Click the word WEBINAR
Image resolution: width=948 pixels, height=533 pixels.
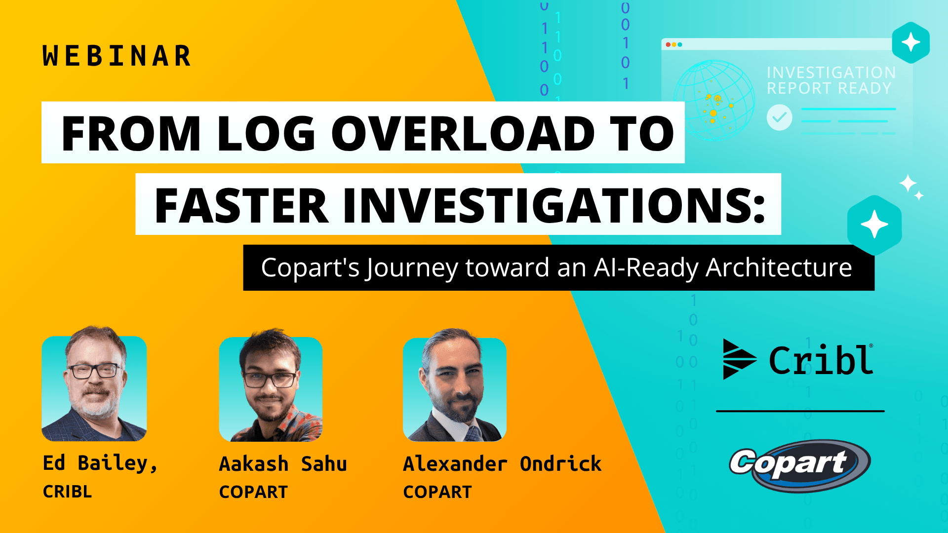tap(117, 56)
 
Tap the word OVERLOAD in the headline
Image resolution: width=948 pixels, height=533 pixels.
tap(463, 133)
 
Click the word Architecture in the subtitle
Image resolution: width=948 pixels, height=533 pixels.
tap(779, 267)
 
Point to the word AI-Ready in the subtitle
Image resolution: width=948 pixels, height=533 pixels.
tap(647, 267)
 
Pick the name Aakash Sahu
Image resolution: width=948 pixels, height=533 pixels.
tap(282, 464)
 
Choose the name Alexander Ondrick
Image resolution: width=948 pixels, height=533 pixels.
tap(502, 464)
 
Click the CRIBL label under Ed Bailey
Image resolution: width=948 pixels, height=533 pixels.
tap(67, 492)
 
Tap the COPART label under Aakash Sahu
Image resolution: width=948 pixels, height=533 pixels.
tap(253, 492)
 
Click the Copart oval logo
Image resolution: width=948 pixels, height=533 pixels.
tap(800, 465)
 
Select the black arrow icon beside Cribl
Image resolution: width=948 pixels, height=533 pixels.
tap(738, 359)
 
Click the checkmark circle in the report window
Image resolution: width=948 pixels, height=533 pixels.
tap(779, 117)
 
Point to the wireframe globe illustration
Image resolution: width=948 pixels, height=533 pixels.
tap(714, 100)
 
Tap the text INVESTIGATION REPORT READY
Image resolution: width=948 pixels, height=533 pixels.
tap(830, 80)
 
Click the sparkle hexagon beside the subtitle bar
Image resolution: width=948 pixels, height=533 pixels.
tap(874, 225)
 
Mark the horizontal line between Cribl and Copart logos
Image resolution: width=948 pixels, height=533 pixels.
tap(800, 411)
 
